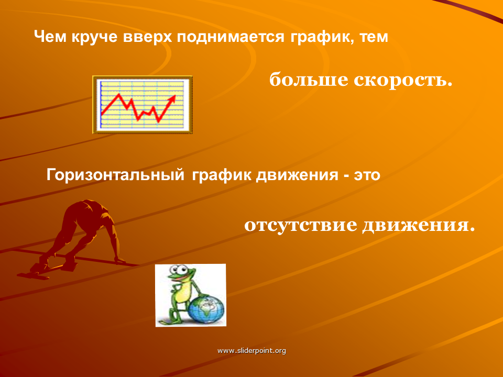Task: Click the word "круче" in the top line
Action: click(x=95, y=37)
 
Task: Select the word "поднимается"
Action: click(x=231, y=37)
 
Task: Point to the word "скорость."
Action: click(x=403, y=80)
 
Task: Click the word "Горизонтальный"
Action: click(x=115, y=175)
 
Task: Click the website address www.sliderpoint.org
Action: click(x=252, y=351)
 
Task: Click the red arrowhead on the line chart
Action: click(x=172, y=98)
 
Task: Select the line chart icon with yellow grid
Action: click(x=143, y=105)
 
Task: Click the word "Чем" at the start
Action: click(x=50, y=37)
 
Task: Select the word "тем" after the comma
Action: click(x=374, y=37)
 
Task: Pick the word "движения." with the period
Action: click(x=419, y=225)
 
